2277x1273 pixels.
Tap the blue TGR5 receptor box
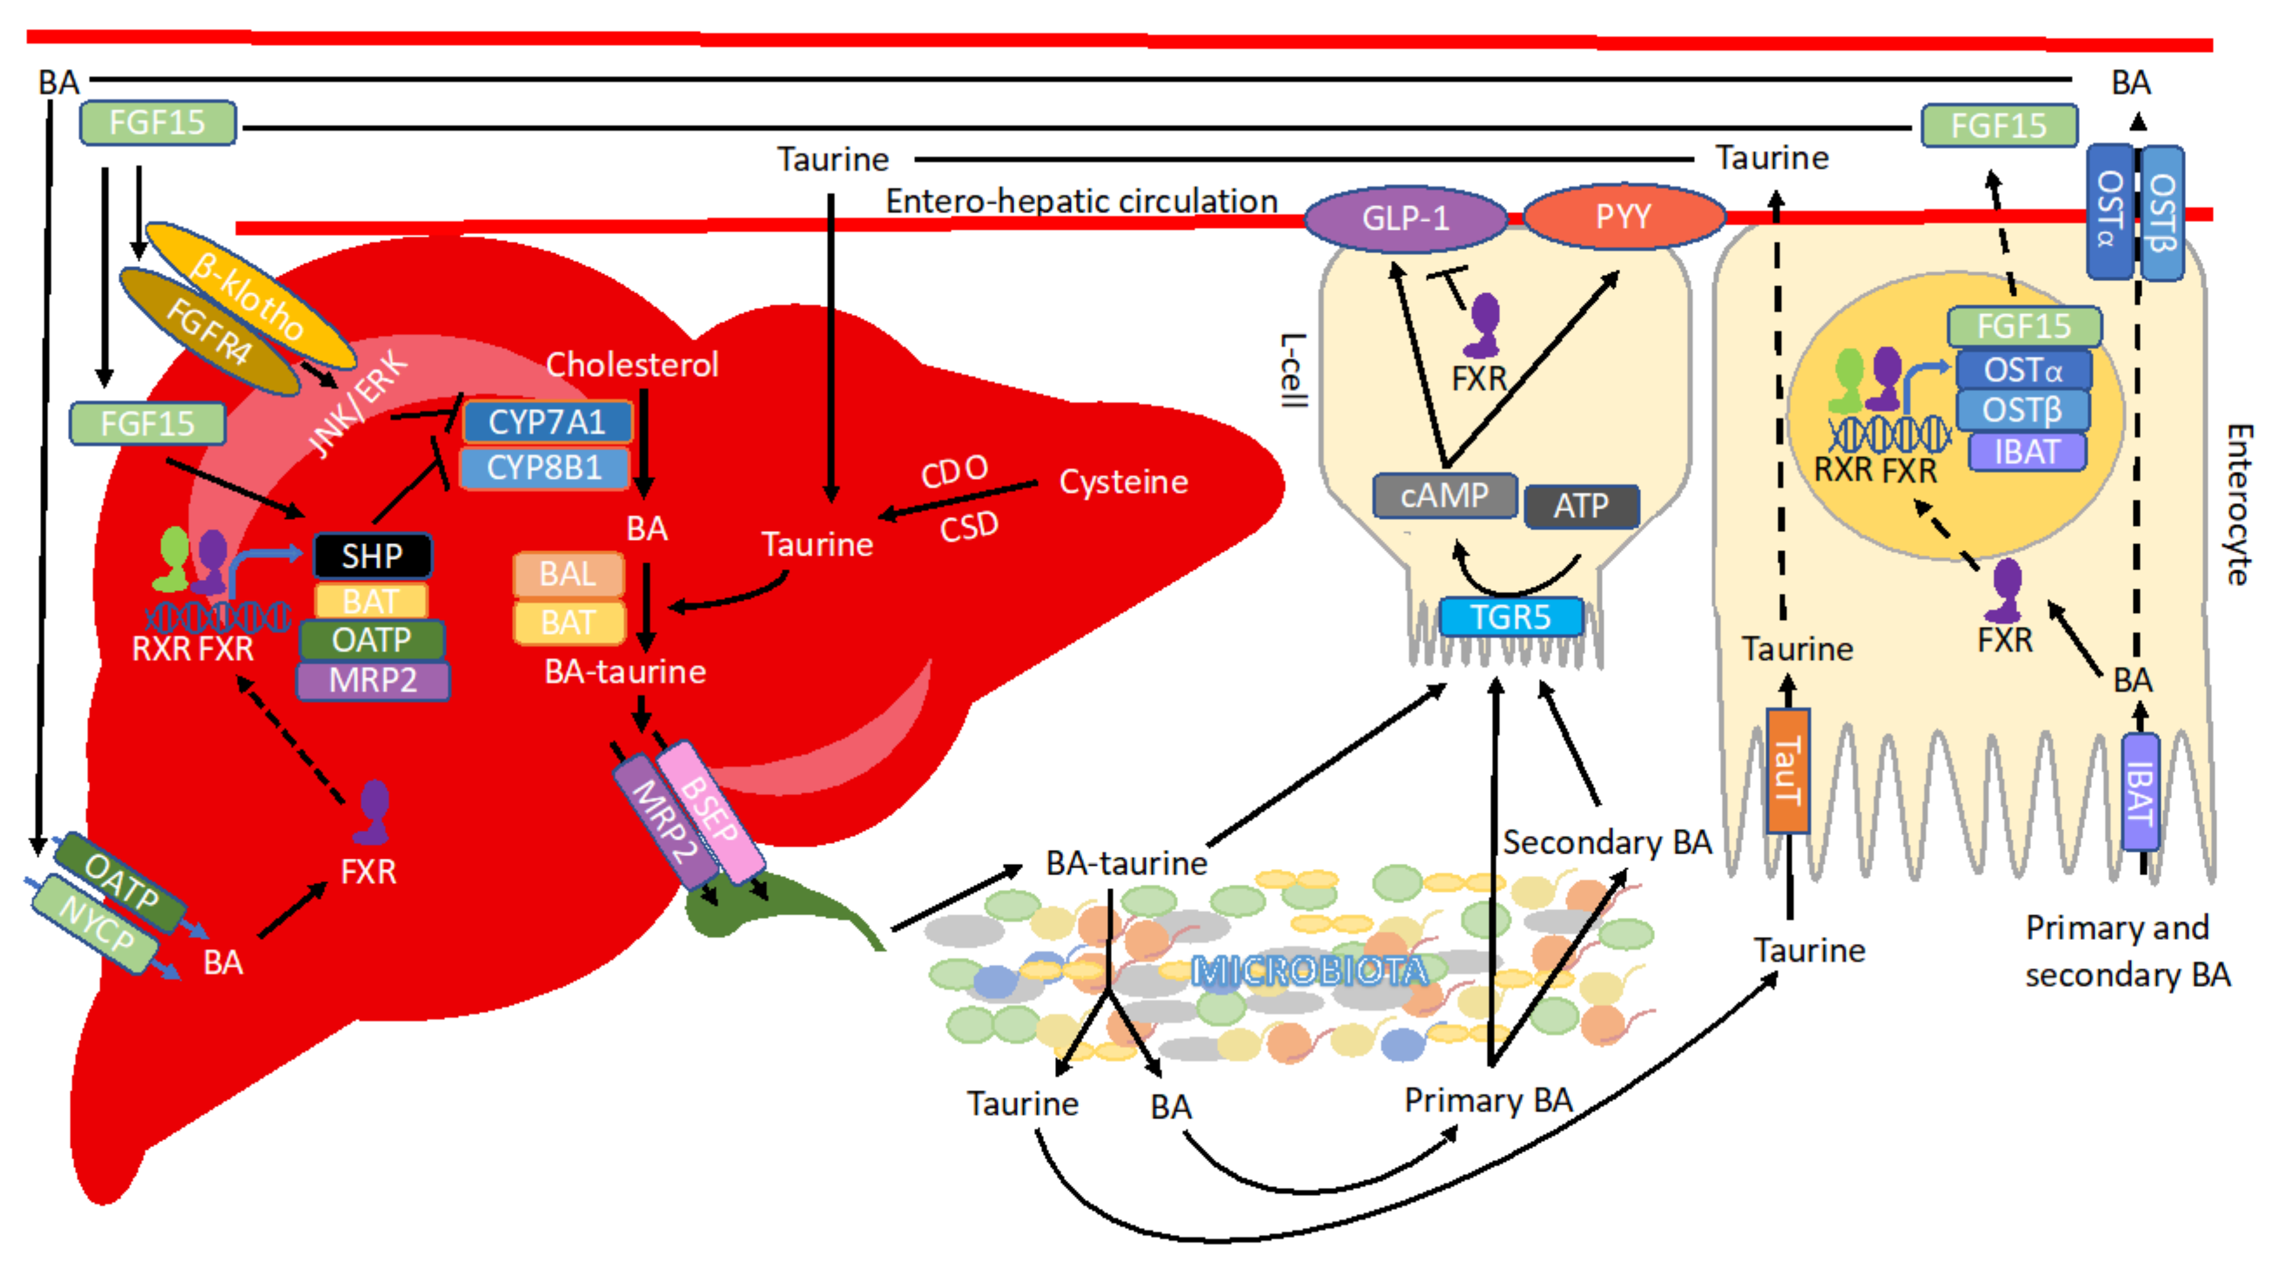pos(1511,617)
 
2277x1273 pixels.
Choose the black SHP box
pos(372,556)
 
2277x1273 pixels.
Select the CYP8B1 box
pos(544,468)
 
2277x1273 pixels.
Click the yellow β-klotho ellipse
pos(250,295)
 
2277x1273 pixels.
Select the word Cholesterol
pos(632,364)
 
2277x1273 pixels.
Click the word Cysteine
pos(1123,482)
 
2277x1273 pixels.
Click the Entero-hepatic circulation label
pos(1082,202)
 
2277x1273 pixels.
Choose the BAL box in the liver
pos(568,574)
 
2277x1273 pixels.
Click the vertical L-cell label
pos(1293,370)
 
